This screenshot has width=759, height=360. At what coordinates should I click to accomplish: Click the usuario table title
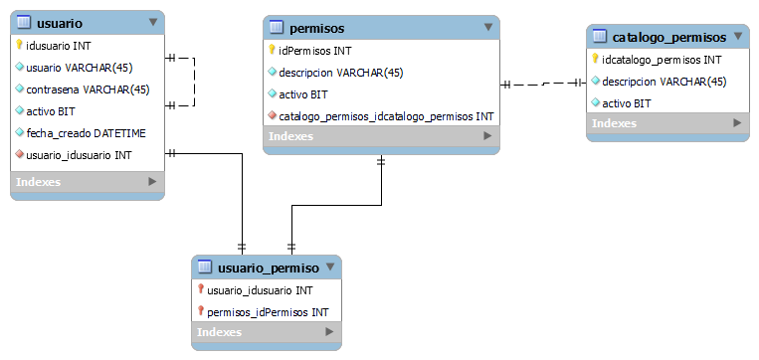pos(59,22)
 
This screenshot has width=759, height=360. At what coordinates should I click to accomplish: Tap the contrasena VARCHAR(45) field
pos(88,89)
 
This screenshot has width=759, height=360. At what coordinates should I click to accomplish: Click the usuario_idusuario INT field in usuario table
pos(79,154)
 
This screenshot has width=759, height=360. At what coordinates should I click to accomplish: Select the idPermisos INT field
pos(314,50)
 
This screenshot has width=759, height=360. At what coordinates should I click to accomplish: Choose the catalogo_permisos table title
pos(668,37)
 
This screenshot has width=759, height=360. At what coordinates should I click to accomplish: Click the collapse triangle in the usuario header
pos(152,21)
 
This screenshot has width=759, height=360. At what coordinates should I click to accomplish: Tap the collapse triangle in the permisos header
pos(487,27)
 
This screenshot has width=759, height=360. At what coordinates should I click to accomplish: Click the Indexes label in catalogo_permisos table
pos(614,123)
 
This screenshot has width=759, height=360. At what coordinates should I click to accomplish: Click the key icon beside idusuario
pos(19,45)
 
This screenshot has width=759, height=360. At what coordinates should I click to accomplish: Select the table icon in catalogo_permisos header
pos(599,37)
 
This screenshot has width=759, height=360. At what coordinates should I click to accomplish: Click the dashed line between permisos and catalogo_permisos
pos(543,85)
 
